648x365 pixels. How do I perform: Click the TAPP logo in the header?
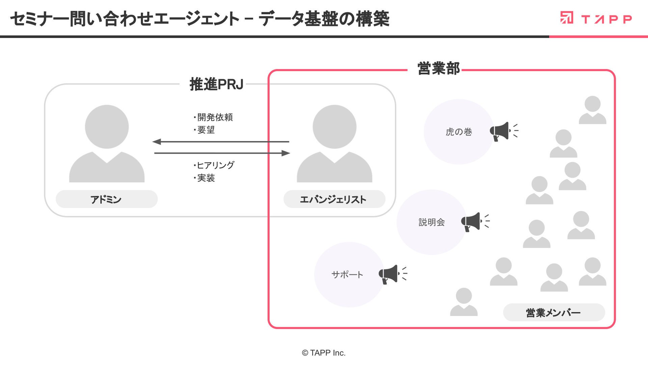(x=596, y=18)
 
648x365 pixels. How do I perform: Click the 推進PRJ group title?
(x=216, y=84)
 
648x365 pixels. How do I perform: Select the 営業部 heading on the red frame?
(x=438, y=69)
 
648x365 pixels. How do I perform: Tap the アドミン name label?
(x=106, y=199)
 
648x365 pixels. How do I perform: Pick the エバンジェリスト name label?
(x=333, y=199)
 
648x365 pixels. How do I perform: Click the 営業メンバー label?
(x=553, y=313)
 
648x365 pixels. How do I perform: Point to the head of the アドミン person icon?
(x=107, y=127)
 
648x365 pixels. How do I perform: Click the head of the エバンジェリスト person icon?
(x=334, y=127)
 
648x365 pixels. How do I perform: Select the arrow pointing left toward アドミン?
(x=221, y=142)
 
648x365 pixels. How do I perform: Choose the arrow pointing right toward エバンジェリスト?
(x=222, y=153)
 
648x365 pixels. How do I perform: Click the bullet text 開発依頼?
(x=215, y=117)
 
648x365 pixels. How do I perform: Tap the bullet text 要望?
(x=206, y=130)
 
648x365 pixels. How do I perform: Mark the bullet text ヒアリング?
(x=215, y=165)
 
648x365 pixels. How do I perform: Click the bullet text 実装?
(x=206, y=178)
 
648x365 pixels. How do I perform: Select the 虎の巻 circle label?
(x=459, y=132)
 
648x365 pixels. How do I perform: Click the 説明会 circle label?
(x=432, y=222)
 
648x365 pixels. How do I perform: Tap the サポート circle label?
(x=347, y=274)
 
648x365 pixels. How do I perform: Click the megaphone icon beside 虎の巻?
(x=504, y=131)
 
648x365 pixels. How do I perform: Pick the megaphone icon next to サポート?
(x=393, y=274)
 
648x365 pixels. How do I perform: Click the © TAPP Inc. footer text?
(x=324, y=353)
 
